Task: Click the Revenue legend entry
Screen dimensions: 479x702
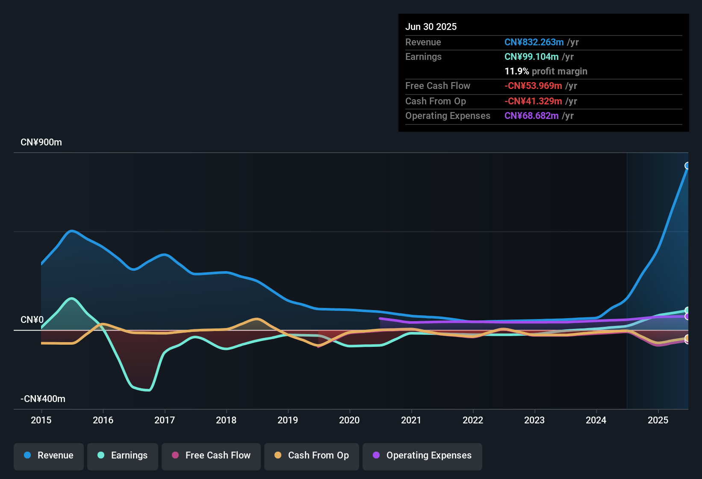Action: pyautogui.click(x=49, y=455)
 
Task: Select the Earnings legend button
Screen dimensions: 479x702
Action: pyautogui.click(x=123, y=455)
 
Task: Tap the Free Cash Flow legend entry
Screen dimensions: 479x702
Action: pyautogui.click(x=211, y=455)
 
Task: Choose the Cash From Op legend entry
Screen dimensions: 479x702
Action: pyautogui.click(x=312, y=455)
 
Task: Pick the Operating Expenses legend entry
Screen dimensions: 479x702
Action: pyautogui.click(x=422, y=455)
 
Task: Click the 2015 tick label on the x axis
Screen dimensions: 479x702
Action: pyautogui.click(x=41, y=420)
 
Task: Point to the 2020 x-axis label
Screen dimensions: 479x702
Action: pyautogui.click(x=349, y=420)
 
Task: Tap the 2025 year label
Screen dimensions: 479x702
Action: pyautogui.click(x=658, y=420)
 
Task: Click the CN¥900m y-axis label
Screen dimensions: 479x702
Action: pyautogui.click(x=41, y=142)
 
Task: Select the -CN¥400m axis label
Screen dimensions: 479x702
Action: pyautogui.click(x=43, y=399)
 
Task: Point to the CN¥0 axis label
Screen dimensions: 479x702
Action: pyautogui.click(x=32, y=320)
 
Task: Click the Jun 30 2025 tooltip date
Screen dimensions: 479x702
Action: pyautogui.click(x=431, y=27)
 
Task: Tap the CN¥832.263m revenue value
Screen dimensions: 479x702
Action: pyautogui.click(x=534, y=42)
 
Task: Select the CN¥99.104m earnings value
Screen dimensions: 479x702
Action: pyautogui.click(x=531, y=57)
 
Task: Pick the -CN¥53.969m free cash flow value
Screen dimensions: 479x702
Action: pyautogui.click(x=533, y=86)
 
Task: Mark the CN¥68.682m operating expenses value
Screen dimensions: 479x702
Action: pyautogui.click(x=531, y=116)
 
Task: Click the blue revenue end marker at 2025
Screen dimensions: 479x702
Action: pyautogui.click(x=687, y=166)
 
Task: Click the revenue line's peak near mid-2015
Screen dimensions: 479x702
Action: pyautogui.click(x=72, y=231)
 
